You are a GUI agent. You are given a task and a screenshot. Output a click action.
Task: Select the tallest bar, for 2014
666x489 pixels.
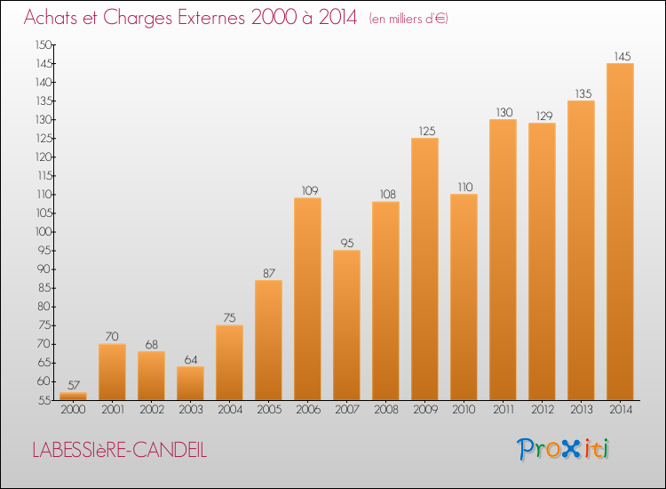tap(620, 231)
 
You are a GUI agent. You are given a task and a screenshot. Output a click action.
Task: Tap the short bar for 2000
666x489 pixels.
tap(73, 396)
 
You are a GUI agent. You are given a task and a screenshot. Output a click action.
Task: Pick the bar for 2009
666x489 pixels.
tap(424, 267)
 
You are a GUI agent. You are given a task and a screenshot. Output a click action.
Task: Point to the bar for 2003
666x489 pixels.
tap(190, 382)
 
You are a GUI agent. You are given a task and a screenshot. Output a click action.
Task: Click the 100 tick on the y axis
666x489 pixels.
tap(43, 231)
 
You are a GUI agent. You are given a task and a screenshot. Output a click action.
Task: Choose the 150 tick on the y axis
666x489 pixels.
tap(43, 44)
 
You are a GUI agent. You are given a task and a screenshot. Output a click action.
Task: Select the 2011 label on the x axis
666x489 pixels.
tap(503, 409)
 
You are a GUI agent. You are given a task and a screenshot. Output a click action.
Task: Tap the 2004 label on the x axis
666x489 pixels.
tap(229, 409)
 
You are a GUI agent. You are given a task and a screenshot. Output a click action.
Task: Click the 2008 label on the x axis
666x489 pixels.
tap(385, 409)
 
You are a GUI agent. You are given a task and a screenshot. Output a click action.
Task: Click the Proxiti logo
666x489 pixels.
tap(564, 449)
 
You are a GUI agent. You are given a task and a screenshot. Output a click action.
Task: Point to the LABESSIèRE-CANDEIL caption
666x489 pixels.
tap(119, 450)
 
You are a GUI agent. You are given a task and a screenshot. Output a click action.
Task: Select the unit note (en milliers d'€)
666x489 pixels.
tap(408, 19)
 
